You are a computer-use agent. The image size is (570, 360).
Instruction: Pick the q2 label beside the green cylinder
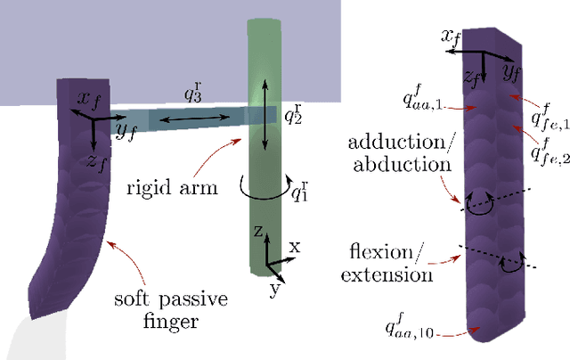pos(292,115)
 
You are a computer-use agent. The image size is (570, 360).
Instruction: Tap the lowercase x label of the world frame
pos(295,247)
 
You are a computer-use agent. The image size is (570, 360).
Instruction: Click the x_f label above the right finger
pos(452,37)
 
